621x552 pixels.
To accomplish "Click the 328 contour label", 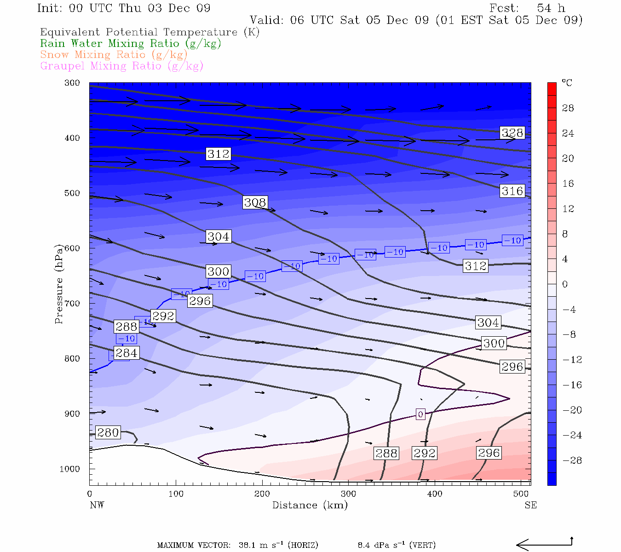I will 512,133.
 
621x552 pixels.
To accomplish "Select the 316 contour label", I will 512,191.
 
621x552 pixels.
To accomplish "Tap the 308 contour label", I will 255,202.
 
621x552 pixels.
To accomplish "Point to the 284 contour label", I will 126,353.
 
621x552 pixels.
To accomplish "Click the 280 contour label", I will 108,432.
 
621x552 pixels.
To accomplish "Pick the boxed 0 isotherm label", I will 420,414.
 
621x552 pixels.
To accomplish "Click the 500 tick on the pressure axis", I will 72,193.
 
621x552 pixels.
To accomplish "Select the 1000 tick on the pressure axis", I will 69,469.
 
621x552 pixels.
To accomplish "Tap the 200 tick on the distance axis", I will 262,494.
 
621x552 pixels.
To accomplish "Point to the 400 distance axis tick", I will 435,494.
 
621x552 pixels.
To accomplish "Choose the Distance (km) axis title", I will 310,505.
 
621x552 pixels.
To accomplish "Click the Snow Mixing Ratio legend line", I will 114,55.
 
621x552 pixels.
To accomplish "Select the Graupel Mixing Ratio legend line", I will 121,66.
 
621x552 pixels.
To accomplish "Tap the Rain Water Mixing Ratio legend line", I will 131,44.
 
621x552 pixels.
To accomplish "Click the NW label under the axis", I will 97,505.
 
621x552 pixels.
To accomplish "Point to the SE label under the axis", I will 530,505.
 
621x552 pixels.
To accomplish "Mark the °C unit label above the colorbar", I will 567,83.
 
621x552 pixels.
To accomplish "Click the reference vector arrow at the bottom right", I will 544,545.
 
